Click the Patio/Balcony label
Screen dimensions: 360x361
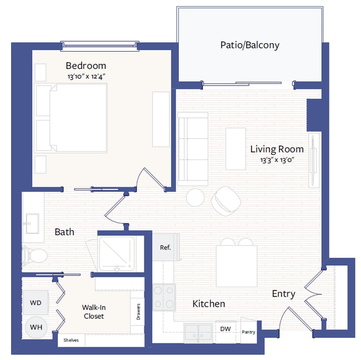(249, 45)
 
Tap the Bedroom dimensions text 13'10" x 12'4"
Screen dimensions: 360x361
(86, 77)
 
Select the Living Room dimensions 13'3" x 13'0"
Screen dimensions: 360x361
(277, 160)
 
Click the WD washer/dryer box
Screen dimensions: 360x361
(36, 303)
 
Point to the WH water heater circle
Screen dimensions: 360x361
(36, 328)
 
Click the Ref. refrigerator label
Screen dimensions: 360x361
(165, 247)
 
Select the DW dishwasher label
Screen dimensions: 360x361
(225, 329)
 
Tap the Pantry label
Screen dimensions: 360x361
(249, 332)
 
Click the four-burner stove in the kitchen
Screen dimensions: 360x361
(164, 297)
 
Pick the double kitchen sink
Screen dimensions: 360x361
(199, 332)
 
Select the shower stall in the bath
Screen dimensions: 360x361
(116, 254)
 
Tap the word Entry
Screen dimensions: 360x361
(283, 294)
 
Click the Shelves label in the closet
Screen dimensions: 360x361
(71, 340)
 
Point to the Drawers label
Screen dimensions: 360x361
(138, 312)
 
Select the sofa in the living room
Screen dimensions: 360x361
(192, 148)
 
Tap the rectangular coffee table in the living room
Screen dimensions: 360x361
(235, 148)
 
